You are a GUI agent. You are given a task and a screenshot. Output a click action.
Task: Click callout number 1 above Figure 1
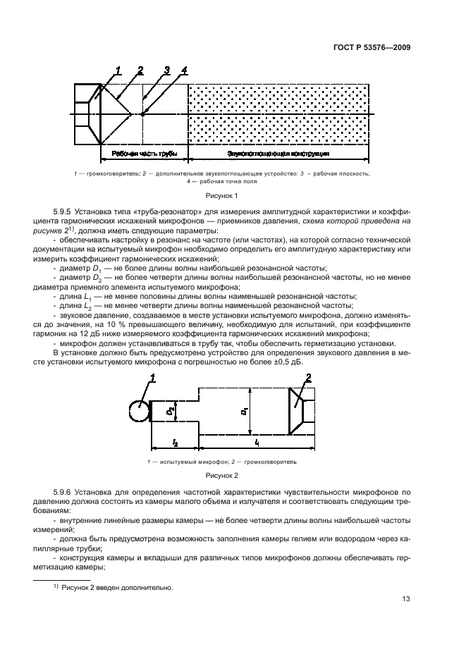pyautogui.click(x=118, y=70)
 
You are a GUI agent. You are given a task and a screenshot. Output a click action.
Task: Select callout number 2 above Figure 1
pyautogui.click(x=141, y=70)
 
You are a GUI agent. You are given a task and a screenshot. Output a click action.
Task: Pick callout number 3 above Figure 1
pyautogui.click(x=166, y=70)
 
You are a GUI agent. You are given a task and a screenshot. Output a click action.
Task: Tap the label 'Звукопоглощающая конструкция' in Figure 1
pyautogui.click(x=278, y=153)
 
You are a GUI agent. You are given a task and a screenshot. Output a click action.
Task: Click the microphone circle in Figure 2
pyautogui.click(x=140, y=411)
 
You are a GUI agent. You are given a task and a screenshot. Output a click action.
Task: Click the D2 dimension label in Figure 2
pyautogui.click(x=169, y=409)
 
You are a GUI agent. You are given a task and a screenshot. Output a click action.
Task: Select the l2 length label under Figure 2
pyautogui.click(x=174, y=443)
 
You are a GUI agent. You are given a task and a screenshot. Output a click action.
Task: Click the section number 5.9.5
pyautogui.click(x=65, y=211)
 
